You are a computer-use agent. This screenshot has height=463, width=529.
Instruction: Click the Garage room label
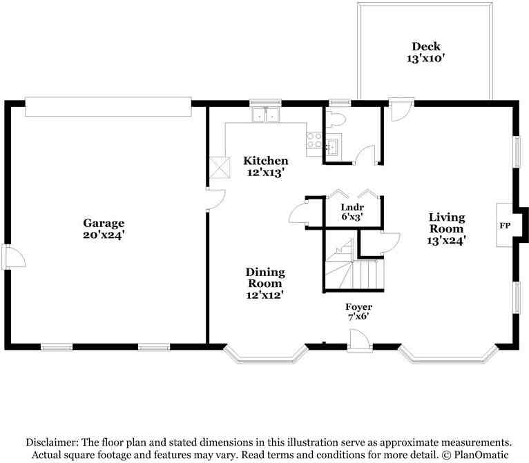(x=104, y=228)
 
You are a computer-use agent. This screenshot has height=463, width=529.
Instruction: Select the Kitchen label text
(x=266, y=166)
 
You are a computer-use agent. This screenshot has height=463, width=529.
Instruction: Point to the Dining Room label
(x=265, y=283)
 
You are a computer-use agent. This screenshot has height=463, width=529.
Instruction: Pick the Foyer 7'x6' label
(x=358, y=311)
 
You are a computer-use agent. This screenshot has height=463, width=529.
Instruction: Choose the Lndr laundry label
(x=352, y=211)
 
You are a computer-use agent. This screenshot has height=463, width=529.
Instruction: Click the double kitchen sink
(x=266, y=115)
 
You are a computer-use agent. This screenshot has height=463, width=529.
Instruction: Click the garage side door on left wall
(x=12, y=257)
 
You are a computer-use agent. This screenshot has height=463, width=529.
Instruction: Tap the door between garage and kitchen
(x=213, y=198)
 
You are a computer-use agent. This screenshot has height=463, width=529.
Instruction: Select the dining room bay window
(x=265, y=354)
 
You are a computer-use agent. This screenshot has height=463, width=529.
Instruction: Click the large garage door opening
(x=108, y=106)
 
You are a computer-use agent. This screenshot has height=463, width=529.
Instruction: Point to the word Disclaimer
(x=52, y=442)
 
